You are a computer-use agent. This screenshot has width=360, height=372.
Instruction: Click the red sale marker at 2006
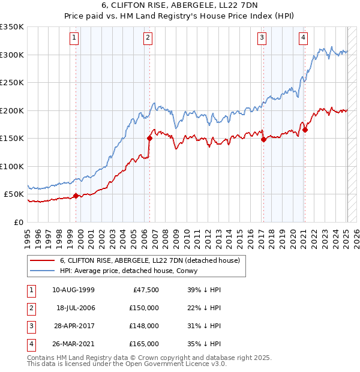point(149,138)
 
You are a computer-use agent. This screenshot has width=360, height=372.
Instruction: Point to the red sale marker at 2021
point(305,130)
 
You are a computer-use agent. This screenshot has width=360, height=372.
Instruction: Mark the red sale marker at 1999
point(76,196)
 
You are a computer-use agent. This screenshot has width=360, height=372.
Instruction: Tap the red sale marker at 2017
point(263,139)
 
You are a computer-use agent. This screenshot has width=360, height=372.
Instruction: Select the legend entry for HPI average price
point(133,271)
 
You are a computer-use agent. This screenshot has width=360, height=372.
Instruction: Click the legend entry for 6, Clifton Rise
point(149,260)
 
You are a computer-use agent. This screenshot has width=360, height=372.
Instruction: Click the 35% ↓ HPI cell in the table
point(205,344)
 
